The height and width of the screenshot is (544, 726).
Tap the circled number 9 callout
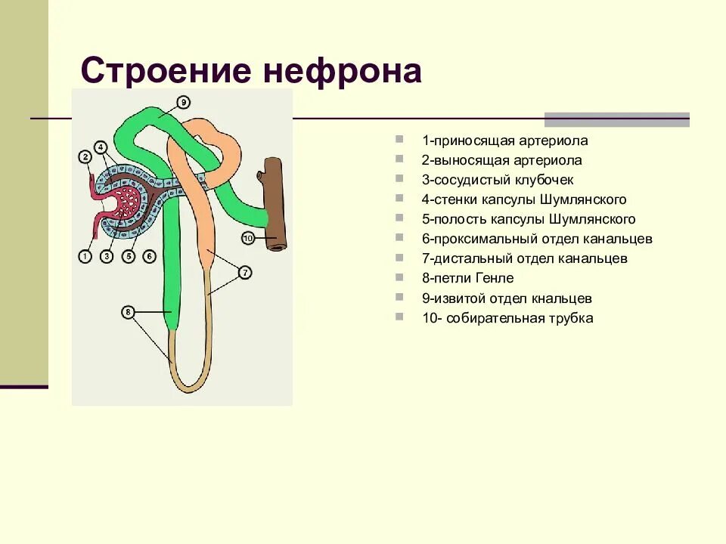(x=184, y=102)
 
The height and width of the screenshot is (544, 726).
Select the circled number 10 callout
(x=248, y=239)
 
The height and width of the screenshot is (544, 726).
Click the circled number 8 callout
(x=129, y=312)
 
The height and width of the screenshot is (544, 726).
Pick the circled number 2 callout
(x=85, y=157)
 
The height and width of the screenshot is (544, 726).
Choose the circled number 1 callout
(x=85, y=257)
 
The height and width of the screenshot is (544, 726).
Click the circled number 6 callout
(x=149, y=257)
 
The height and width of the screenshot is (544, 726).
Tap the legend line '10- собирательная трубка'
(x=507, y=318)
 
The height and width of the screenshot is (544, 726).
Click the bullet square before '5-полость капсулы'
(x=399, y=219)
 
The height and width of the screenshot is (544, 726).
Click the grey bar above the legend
(x=617, y=119)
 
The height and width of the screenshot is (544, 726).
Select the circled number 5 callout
(x=128, y=257)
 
